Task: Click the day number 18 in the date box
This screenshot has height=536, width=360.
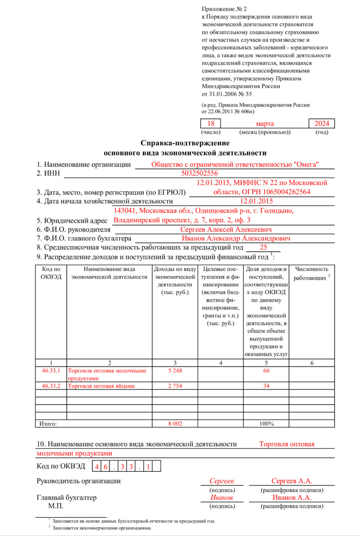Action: tap(211, 124)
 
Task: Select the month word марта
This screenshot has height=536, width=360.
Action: tap(265, 124)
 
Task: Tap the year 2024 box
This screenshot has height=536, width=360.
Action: tap(322, 124)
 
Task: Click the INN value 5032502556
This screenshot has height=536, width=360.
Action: tap(199, 173)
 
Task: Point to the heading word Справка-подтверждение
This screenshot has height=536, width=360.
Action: tap(185, 143)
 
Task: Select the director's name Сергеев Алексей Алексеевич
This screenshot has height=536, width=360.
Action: tap(226, 230)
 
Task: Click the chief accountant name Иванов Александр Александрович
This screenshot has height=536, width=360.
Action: tap(236, 238)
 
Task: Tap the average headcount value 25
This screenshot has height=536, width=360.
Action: tap(263, 247)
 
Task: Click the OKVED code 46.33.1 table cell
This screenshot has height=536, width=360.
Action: tap(51, 371)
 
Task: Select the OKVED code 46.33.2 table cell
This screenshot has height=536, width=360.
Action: tap(51, 386)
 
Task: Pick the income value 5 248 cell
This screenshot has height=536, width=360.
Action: tap(175, 371)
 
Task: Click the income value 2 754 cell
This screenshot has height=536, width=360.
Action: tap(175, 386)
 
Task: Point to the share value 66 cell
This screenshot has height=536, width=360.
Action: tap(266, 371)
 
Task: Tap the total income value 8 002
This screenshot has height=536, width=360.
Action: tap(175, 424)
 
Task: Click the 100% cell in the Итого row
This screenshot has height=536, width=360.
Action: tap(266, 424)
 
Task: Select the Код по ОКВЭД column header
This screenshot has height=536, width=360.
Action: tap(51, 273)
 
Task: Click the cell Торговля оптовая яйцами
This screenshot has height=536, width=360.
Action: tap(101, 386)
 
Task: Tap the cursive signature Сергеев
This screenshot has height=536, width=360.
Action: tap(222, 481)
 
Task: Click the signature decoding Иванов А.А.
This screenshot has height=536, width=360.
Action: tap(292, 498)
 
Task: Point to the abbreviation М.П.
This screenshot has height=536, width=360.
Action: tap(56, 506)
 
